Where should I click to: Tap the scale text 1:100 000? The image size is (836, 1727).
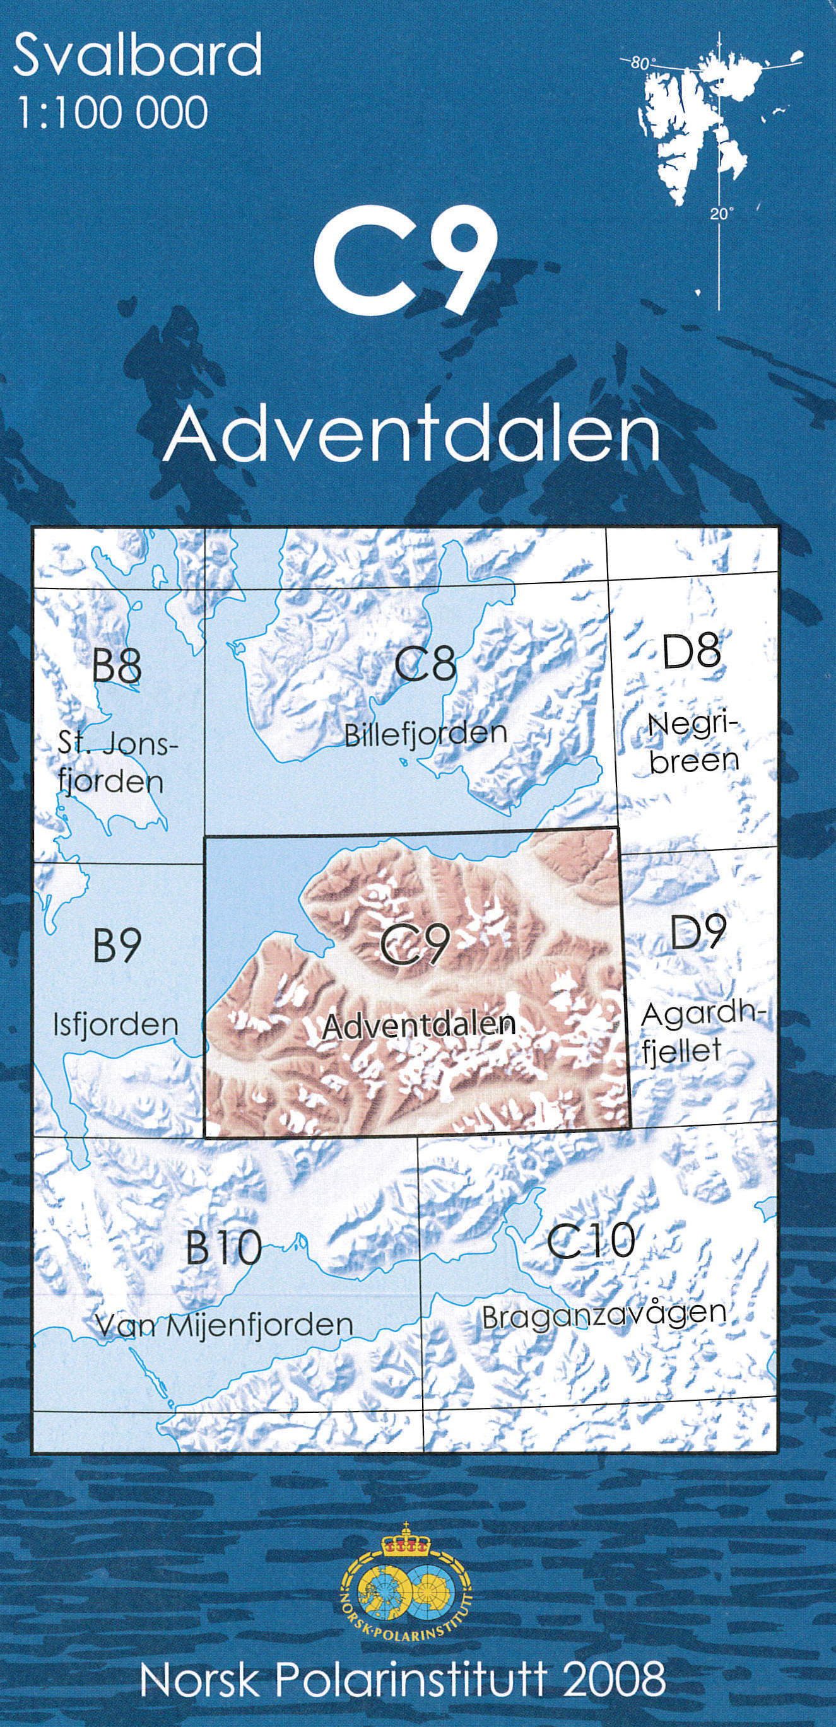tap(111, 112)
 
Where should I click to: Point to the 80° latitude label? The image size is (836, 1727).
tap(642, 64)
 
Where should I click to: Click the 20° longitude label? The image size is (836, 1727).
tap(721, 214)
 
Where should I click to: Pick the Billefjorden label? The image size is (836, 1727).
tap(426, 734)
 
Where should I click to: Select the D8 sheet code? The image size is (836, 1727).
tap(691, 651)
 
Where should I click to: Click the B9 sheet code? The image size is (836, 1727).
tap(117, 945)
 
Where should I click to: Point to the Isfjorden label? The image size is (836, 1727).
tap(116, 1025)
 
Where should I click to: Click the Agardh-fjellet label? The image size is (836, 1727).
tap(701, 1033)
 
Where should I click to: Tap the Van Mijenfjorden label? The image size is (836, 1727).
tap(224, 1325)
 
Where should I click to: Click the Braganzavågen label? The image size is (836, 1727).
tap(604, 1315)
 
